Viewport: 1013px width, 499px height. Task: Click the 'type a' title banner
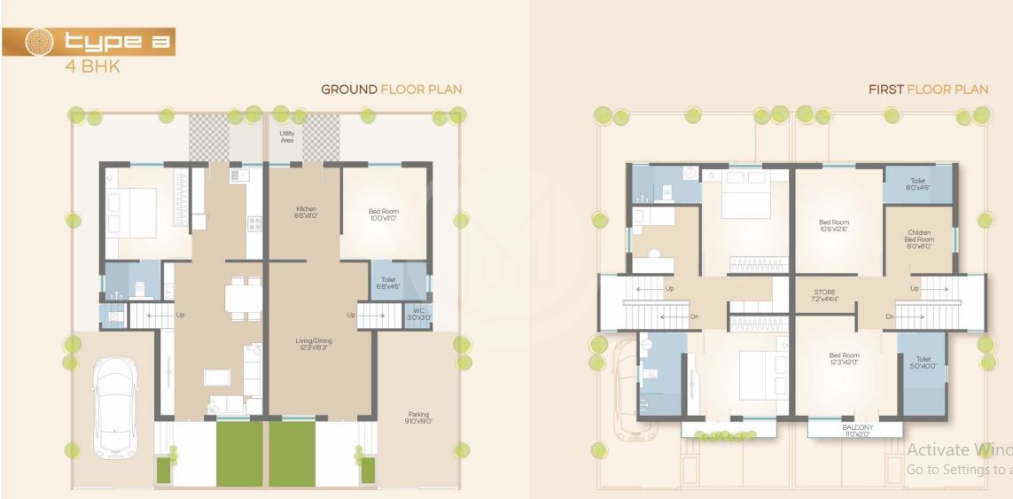[89, 42]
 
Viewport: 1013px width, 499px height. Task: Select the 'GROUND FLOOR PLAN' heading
[391, 90]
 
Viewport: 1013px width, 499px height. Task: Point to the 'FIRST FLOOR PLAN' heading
[928, 90]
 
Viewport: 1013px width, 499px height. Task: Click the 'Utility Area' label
[286, 137]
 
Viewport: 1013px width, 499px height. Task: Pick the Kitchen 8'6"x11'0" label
[305, 213]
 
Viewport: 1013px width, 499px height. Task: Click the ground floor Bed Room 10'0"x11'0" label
[384, 214]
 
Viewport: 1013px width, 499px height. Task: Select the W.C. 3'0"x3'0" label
[418, 314]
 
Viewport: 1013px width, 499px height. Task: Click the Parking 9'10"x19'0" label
[418, 418]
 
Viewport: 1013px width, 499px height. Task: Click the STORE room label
[824, 295]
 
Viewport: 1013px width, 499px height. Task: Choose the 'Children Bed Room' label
[919, 239]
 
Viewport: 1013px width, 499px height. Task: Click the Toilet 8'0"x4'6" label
[918, 184]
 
